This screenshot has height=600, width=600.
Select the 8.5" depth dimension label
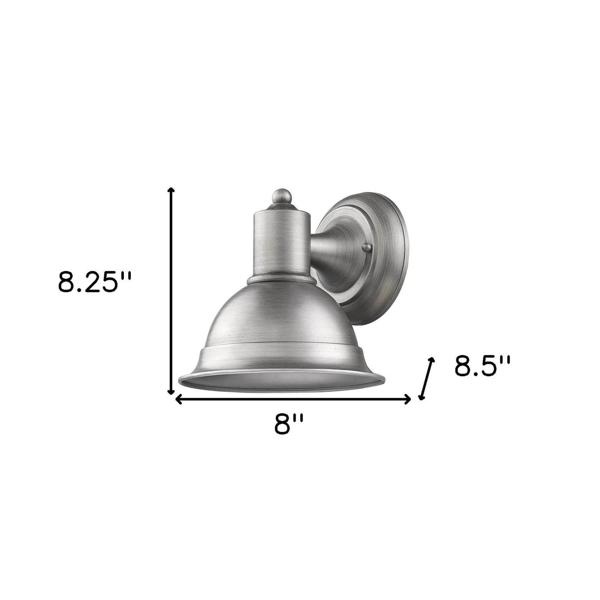click(482, 366)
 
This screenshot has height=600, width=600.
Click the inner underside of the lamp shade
click(281, 376)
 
